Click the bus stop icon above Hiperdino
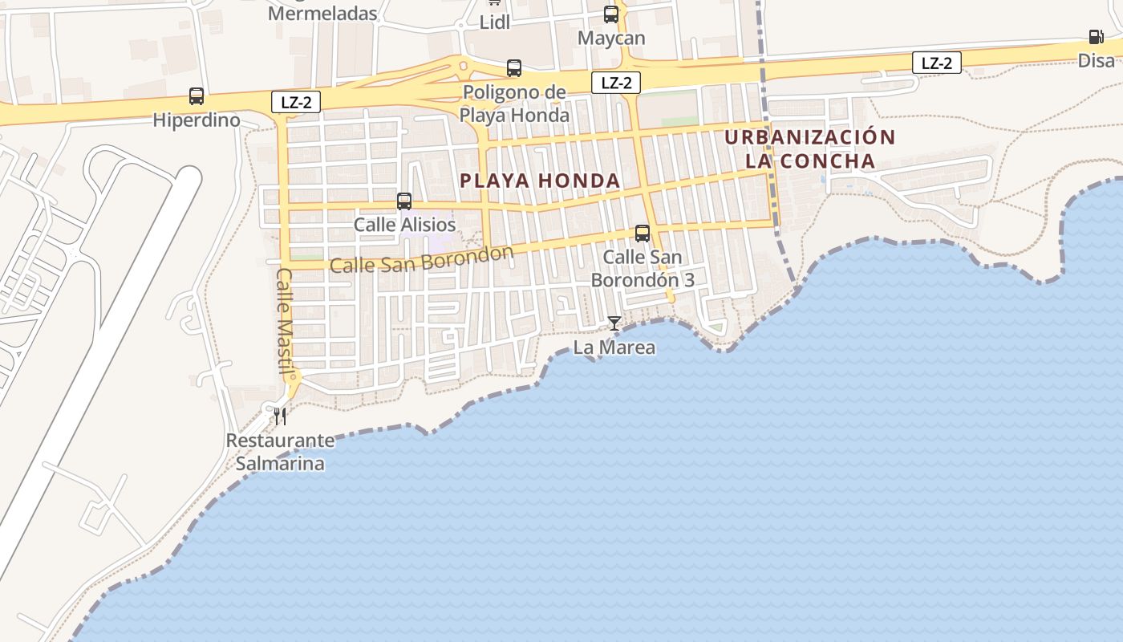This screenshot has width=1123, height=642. [197, 96]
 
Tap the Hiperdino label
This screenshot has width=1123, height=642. [197, 120]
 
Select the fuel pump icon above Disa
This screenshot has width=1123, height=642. [1096, 36]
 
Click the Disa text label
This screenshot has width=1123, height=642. [1096, 60]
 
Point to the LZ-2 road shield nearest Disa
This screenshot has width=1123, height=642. [936, 63]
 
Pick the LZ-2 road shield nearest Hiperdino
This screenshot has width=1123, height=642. [296, 102]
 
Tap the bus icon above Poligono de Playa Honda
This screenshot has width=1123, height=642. [514, 68]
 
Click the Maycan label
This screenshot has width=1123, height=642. [611, 38]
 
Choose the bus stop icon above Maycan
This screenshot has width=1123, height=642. [611, 14]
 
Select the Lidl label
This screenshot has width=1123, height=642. [495, 22]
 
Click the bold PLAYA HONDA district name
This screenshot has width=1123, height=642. [541, 181]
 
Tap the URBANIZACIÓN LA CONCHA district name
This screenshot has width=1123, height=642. [810, 148]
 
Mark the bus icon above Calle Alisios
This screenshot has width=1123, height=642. [404, 201]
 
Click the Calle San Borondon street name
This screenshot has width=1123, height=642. [421, 259]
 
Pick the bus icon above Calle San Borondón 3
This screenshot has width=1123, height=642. [643, 234]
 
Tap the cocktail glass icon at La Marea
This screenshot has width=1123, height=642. [614, 323]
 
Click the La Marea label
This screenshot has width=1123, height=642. [614, 347]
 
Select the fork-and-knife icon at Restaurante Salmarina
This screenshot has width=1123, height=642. [279, 416]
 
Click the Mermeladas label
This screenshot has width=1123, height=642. [322, 13]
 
